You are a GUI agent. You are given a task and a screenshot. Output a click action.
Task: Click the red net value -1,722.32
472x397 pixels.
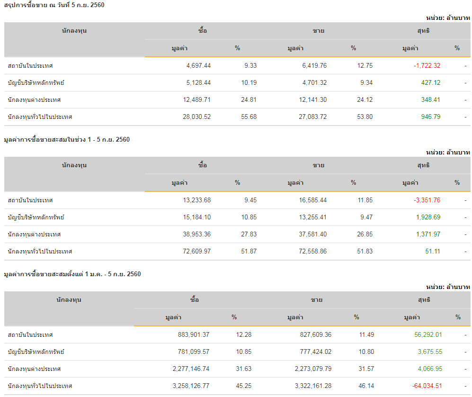(427, 66)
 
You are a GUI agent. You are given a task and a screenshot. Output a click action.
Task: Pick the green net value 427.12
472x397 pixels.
(431, 83)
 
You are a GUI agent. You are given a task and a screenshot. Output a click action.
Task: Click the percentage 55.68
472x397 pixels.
(249, 117)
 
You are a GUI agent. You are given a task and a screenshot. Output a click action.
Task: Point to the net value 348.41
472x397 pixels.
(431, 100)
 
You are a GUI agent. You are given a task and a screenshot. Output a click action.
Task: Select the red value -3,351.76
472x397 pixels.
(427, 200)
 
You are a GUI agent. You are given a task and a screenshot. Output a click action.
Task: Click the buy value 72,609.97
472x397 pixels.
(197, 252)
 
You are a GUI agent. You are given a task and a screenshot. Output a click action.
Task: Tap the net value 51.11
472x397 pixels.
(433, 252)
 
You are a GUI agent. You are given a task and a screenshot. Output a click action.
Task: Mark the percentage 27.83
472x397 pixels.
(249, 235)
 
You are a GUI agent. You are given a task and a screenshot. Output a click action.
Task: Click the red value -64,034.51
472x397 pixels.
(425, 386)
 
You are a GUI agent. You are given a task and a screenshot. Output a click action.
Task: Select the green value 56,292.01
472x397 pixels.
(428, 335)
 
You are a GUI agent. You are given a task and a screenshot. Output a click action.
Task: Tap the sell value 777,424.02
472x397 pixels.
(313, 352)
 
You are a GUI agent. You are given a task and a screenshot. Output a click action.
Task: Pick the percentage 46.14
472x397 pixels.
(366, 386)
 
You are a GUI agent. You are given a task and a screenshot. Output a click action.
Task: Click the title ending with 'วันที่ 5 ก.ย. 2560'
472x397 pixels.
(54, 5)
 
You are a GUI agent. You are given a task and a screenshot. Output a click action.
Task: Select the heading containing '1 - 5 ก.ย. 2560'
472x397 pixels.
(67, 140)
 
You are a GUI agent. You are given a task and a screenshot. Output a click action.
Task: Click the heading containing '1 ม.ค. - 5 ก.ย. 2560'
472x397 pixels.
(72, 274)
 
